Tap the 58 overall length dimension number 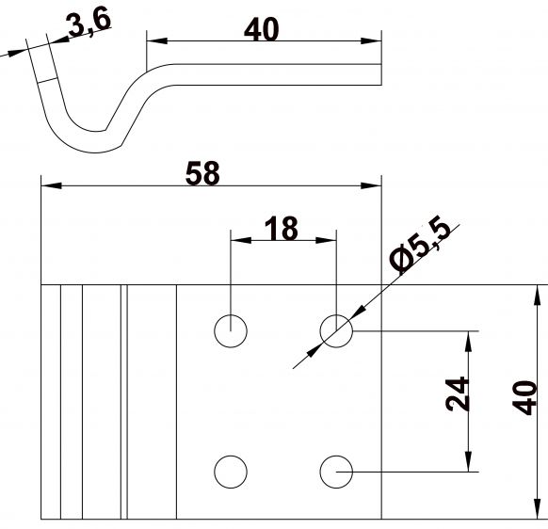pos(202,174)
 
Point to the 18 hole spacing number pos(281,228)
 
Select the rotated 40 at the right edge pos(526,397)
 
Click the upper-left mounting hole pos(230,330)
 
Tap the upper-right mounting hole pos(336,330)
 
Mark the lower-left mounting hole pos(230,471)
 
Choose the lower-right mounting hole pos(336,471)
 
